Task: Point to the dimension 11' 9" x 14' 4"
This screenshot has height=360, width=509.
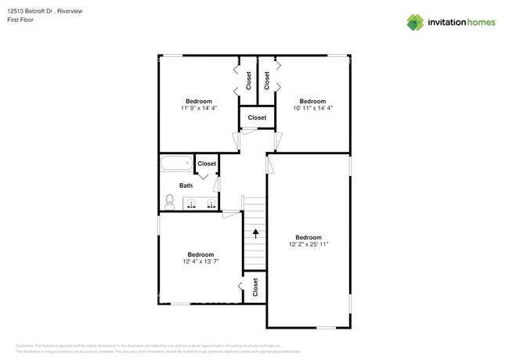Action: tap(197, 108)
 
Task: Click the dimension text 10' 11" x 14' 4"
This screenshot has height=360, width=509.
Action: tap(312, 108)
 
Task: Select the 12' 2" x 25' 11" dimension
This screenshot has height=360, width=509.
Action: tap(308, 244)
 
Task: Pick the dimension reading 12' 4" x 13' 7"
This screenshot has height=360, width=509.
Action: tap(200, 261)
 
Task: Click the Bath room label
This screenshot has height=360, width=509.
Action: tap(186, 185)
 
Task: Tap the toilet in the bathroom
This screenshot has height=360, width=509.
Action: tap(170, 202)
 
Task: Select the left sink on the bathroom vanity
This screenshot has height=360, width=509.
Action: tap(192, 204)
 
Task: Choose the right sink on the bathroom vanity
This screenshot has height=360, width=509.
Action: tap(210, 204)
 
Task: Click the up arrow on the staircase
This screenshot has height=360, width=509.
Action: tap(254, 232)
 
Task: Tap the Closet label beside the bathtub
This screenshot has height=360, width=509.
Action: tap(207, 164)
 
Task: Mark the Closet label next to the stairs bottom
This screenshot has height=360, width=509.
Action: tap(254, 288)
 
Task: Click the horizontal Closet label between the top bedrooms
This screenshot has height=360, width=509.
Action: tap(257, 117)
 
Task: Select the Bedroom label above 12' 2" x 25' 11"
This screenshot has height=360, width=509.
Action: tap(308, 237)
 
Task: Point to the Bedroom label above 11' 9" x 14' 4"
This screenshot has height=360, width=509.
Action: tap(197, 101)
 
